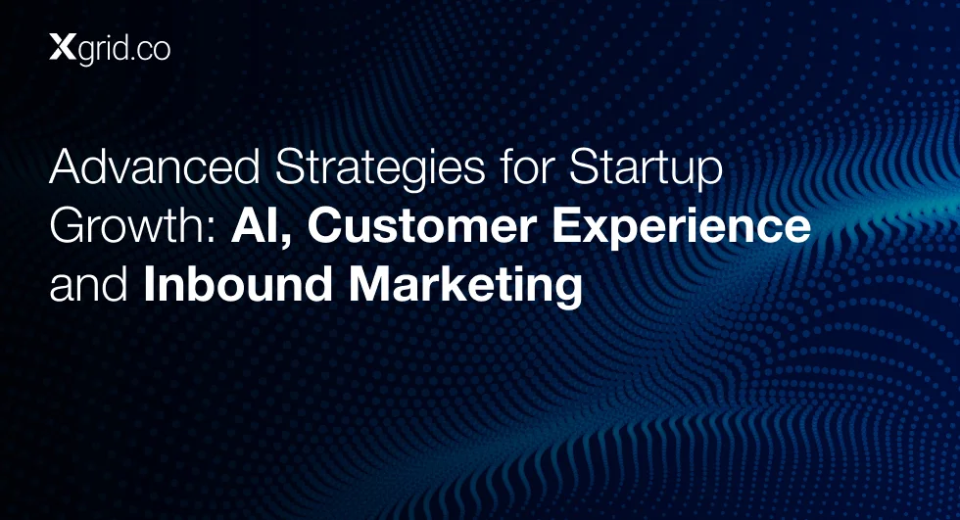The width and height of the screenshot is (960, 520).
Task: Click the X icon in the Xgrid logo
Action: click(63, 47)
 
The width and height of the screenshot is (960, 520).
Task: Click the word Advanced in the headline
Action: click(155, 166)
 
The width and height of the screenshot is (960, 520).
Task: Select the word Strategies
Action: click(380, 168)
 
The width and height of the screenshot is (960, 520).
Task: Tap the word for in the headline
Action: click(527, 166)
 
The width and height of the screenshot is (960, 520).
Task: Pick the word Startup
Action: click(646, 168)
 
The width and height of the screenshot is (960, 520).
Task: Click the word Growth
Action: click(128, 226)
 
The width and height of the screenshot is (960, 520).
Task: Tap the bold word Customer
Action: click(422, 226)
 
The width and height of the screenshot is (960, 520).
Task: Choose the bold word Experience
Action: click(682, 228)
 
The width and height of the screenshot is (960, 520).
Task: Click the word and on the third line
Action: click(89, 285)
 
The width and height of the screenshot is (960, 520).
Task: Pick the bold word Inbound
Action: click(238, 285)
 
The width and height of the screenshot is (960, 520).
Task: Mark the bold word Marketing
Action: click(465, 288)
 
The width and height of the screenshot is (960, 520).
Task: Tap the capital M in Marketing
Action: click(368, 286)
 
